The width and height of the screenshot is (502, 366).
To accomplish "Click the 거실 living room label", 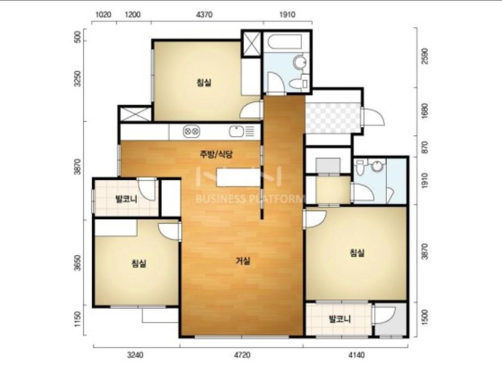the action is [x=243, y=261].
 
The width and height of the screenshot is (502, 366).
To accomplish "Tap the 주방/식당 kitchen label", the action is [x=216, y=154].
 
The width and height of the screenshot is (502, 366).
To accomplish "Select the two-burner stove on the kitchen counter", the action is [x=191, y=131].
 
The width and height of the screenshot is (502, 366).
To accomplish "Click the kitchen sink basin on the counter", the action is [x=236, y=131].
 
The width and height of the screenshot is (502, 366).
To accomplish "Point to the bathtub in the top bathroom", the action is [x=284, y=42].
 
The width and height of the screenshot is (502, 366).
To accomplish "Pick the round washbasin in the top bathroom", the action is [x=300, y=62].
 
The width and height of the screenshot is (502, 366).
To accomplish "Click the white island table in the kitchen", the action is [x=239, y=178].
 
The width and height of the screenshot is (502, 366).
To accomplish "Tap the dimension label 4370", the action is [x=204, y=15].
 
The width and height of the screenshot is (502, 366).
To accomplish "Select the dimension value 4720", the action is [x=242, y=355].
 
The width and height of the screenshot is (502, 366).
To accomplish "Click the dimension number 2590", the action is [x=425, y=56].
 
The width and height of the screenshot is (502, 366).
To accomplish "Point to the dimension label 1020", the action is [x=103, y=15].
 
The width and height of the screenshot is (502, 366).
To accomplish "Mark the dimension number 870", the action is [x=425, y=147].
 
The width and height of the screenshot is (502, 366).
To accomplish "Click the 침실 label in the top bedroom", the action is [x=204, y=83].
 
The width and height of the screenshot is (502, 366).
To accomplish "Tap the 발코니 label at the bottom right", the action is [x=340, y=319].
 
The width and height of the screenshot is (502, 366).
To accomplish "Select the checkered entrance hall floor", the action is [x=333, y=118].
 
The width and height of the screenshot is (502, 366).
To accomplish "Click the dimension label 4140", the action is [x=356, y=355].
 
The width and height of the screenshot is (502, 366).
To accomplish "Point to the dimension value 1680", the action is [x=425, y=111].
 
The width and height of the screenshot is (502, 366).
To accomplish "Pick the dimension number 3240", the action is [x=136, y=355].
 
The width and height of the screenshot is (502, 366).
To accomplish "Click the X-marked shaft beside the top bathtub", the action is [x=251, y=43].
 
